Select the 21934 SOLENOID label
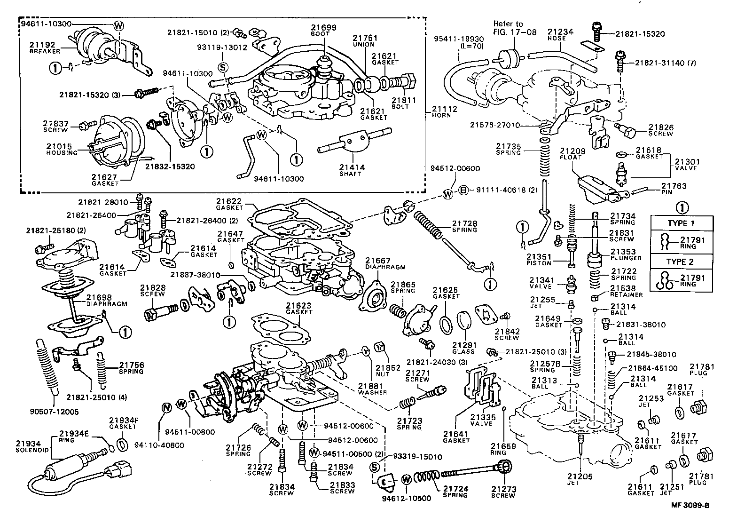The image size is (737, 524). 29,446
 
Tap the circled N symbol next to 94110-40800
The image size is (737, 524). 165,407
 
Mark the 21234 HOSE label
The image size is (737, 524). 560,34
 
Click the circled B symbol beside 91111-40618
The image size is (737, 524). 463,191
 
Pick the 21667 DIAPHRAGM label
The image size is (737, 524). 385,263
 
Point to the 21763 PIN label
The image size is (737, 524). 674,189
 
